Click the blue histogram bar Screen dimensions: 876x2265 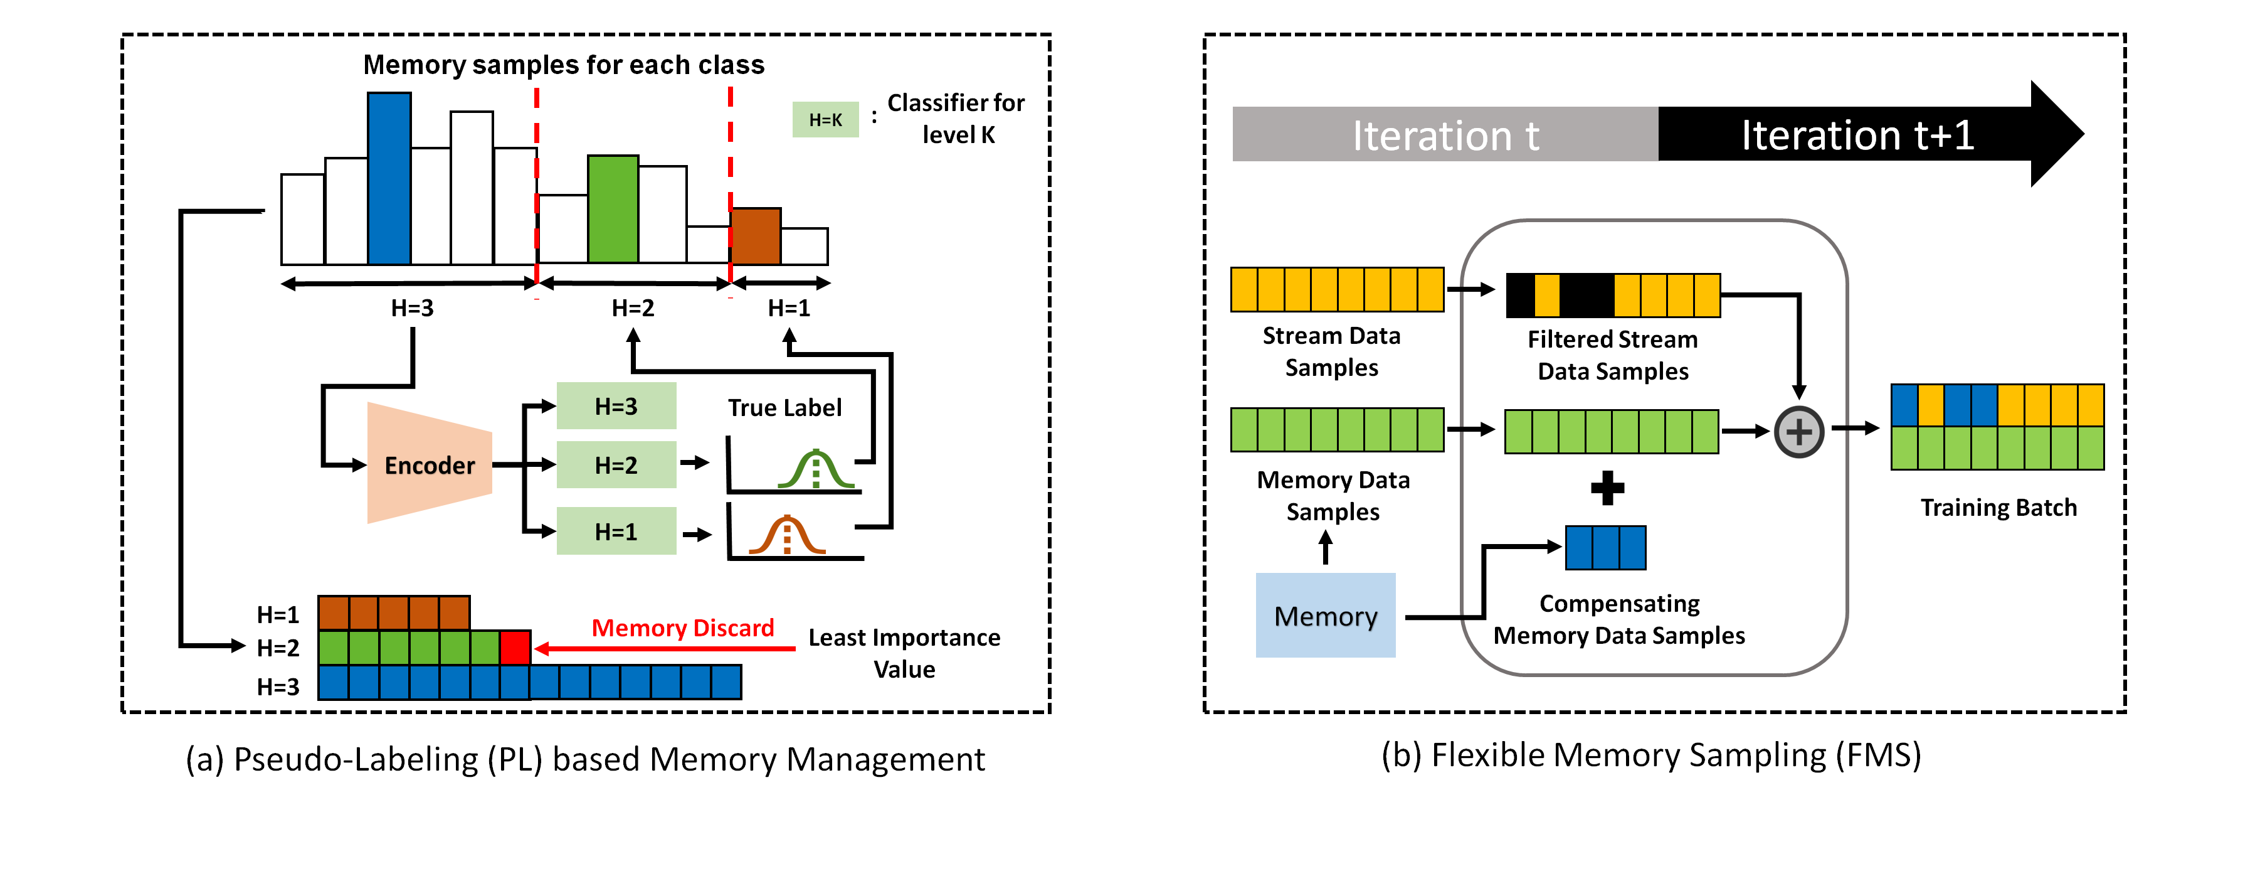tap(389, 179)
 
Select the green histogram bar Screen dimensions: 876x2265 tap(613, 210)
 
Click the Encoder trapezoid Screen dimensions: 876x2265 tap(429, 464)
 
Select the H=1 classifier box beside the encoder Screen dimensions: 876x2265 tap(616, 531)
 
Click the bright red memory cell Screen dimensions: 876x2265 tap(514, 648)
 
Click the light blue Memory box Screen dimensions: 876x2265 tap(1325, 616)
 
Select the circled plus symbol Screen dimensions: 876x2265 tap(1799, 431)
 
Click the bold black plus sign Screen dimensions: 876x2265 tap(1607, 488)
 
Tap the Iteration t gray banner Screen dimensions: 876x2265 tap(1445, 134)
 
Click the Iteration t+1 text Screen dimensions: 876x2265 tap(1857, 134)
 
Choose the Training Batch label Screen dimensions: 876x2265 tap(1998, 508)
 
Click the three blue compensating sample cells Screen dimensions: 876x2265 tap(1605, 547)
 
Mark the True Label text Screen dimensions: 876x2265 tap(784, 407)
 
